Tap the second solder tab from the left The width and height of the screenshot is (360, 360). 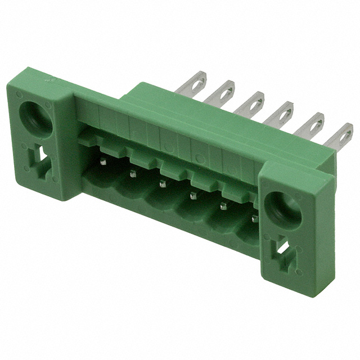point(223,91)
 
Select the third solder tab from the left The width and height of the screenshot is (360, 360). point(252,101)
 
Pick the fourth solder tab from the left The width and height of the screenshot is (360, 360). point(281,112)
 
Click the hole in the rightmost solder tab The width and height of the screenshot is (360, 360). point(345,137)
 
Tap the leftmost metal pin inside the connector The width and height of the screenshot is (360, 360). point(103,162)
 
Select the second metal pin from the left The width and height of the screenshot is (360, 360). point(133,174)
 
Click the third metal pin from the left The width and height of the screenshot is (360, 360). point(163,183)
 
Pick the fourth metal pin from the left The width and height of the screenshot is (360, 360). point(192,195)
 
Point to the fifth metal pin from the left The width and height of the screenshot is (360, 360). point(223,206)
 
